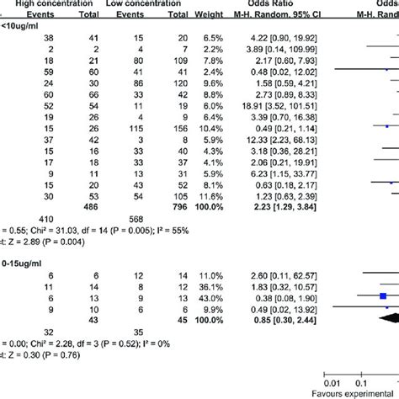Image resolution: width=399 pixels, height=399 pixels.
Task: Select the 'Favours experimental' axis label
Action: pyautogui.click(x=354, y=394)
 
